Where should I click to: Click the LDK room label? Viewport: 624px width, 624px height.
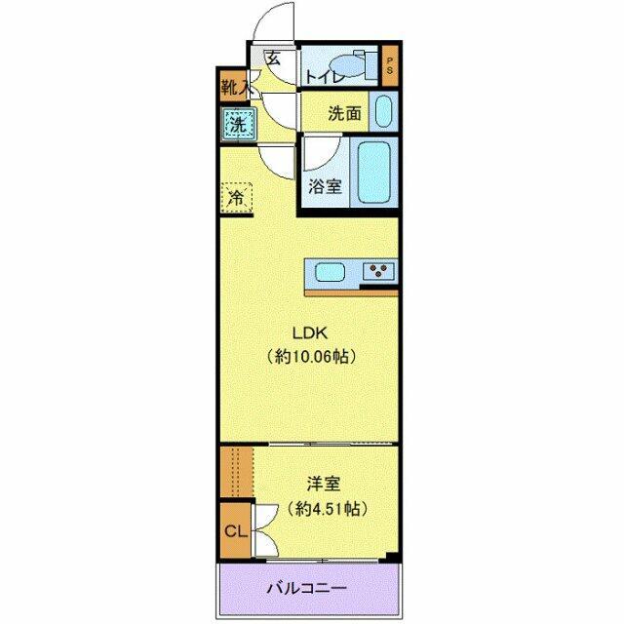(x=311, y=331)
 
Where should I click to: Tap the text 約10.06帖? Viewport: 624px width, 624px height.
(x=311, y=356)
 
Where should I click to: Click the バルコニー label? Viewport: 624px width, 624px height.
(x=308, y=589)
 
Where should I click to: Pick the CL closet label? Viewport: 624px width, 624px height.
(x=234, y=531)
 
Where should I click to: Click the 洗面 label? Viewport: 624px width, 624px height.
(x=343, y=113)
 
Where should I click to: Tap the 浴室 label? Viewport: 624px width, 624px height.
(x=326, y=186)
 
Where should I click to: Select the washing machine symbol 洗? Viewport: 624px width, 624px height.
(x=237, y=124)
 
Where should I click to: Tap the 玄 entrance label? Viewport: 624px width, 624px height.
(x=273, y=58)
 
